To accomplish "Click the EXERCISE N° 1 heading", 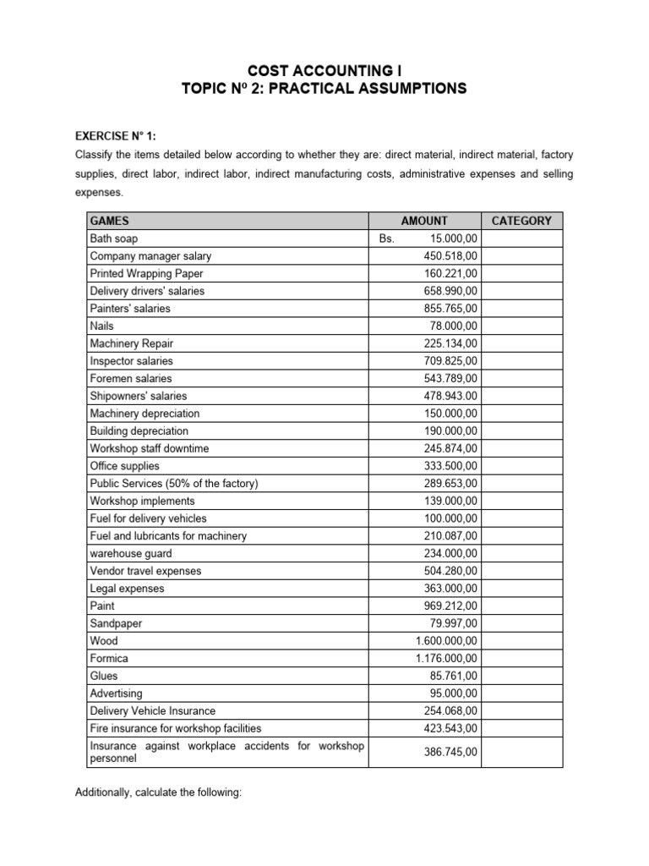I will pos(116,135).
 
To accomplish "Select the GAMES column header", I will pos(109,221).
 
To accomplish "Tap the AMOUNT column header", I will pos(424,221).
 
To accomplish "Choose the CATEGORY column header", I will pos(521,221).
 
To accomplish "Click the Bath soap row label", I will pos(114,238).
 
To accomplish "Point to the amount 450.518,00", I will pos(450,255).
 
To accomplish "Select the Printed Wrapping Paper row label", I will pos(146,273).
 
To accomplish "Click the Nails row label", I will pos(101,326).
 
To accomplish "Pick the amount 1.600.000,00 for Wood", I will pos(445,641).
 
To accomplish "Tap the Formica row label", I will pos(109,658).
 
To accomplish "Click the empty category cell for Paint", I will pos(521,606).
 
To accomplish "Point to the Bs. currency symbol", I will pos(387,238).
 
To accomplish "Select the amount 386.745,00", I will pos(450,751).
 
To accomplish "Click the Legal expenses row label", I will pos(127,589).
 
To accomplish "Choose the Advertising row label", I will pos(116,693).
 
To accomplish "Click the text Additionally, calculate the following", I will pos(159,794).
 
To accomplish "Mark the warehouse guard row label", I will pos(130,553).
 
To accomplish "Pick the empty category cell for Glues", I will pos(521,676).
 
